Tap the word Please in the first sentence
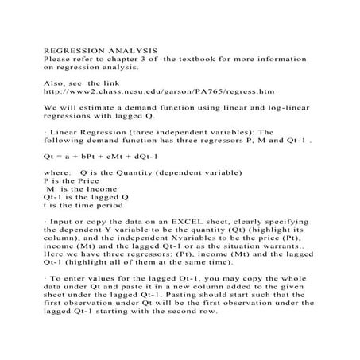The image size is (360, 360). [55, 59]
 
